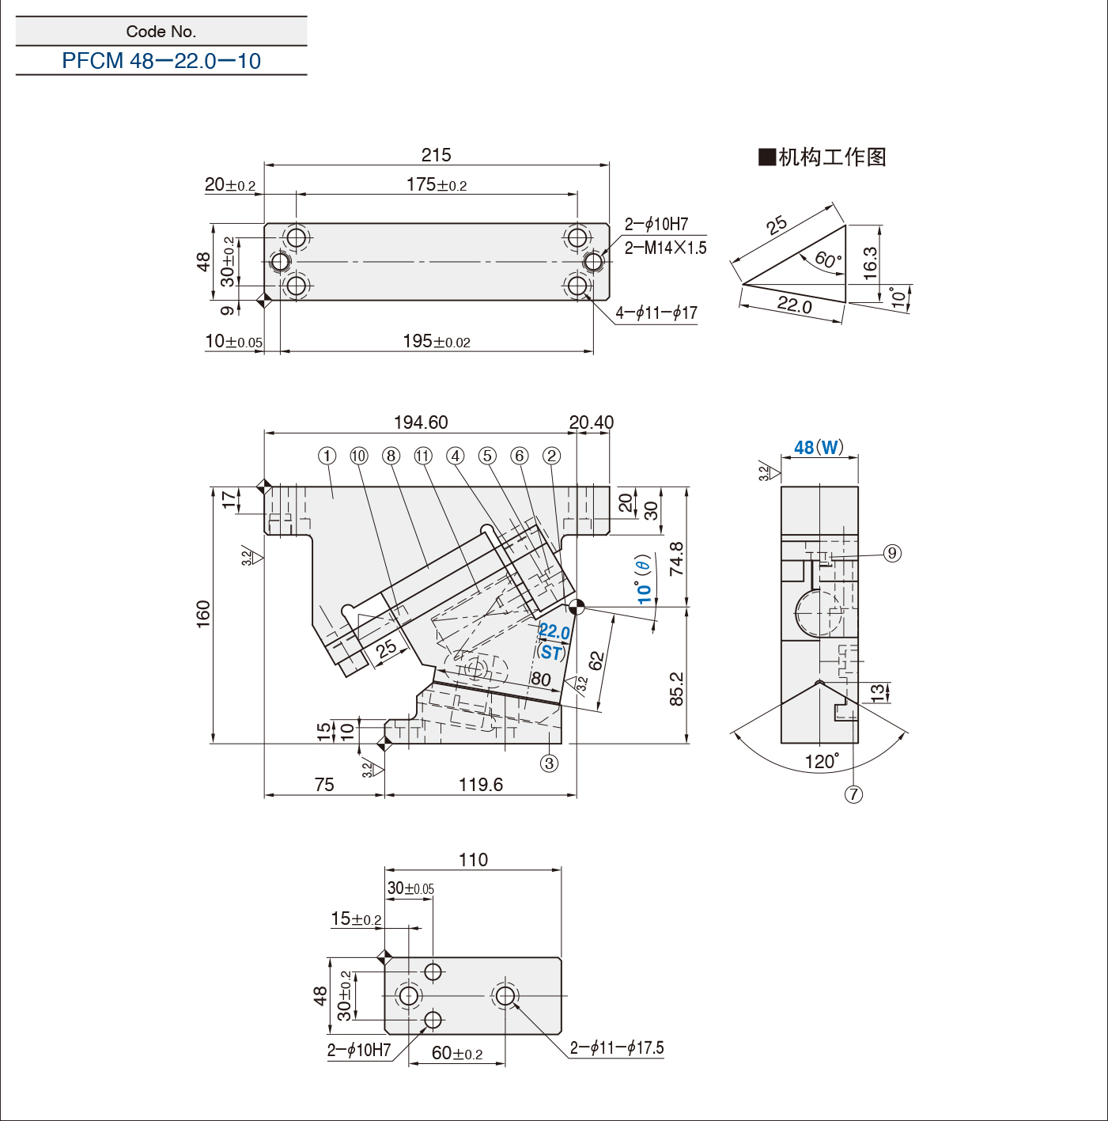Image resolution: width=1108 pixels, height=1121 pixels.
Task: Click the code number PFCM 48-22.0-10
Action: coord(161,61)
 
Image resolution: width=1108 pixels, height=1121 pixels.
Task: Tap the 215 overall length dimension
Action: coord(436,155)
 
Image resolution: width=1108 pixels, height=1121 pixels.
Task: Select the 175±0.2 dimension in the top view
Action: coord(436,185)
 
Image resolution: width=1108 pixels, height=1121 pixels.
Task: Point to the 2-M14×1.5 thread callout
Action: coord(665,248)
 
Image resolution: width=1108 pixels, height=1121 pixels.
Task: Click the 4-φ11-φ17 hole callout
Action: coord(656,313)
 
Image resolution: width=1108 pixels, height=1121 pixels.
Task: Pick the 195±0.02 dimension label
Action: coord(436,342)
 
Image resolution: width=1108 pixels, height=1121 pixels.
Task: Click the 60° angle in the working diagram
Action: coord(827,259)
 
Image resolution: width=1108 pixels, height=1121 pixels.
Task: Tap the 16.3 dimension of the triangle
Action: coord(870,263)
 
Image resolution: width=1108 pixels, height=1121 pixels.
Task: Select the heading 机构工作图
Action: coord(822,157)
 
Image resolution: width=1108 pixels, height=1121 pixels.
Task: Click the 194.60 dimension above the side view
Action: coord(421,422)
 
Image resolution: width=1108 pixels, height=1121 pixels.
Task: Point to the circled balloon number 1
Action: coord(327,456)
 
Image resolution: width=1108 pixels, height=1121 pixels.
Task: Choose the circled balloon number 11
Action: coord(423,456)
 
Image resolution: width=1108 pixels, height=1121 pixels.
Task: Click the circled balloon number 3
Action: coord(549,763)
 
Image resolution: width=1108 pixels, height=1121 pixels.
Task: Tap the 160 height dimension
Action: coord(203,614)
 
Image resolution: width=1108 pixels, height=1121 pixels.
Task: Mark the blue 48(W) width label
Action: coord(819,448)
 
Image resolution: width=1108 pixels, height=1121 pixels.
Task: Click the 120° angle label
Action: coord(822,762)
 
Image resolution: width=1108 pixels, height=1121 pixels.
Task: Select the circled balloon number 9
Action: coord(892,553)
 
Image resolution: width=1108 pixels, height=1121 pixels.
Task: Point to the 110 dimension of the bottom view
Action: coord(473,860)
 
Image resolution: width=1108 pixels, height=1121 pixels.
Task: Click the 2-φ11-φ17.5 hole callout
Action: coord(617,1048)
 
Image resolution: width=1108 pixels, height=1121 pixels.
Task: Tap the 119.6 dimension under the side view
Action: coord(481,785)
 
